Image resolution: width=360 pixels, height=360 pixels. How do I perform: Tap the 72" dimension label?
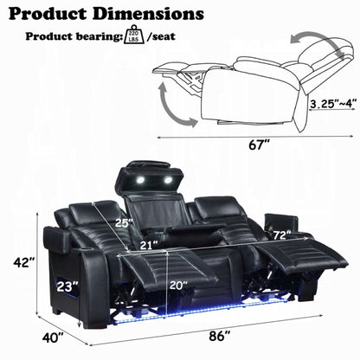tap(280, 235)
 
